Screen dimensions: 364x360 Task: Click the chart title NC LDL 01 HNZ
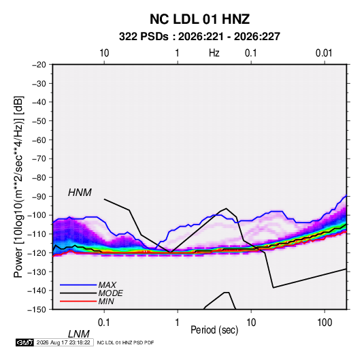(x=199, y=19)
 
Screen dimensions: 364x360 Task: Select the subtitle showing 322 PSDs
(x=199, y=37)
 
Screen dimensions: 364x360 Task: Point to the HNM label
(x=80, y=193)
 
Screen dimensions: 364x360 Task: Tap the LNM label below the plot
(x=78, y=334)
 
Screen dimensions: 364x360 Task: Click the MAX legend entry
(x=107, y=284)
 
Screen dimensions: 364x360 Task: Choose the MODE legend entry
(x=110, y=293)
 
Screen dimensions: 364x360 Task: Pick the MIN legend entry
(x=106, y=301)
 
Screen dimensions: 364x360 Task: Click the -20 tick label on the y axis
(x=39, y=65)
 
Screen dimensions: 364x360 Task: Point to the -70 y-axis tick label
(x=39, y=159)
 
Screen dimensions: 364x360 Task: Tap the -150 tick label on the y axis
(x=37, y=310)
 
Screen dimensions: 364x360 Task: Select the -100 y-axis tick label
(x=37, y=215)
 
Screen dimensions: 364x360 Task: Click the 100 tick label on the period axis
(x=325, y=323)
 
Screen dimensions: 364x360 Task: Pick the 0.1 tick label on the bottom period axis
(x=103, y=323)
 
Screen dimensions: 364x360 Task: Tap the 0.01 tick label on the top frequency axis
(x=324, y=53)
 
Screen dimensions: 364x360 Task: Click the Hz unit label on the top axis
(x=214, y=53)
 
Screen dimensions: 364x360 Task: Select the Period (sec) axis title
(x=214, y=330)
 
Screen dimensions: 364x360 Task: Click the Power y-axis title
(x=18, y=187)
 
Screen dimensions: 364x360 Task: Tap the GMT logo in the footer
(x=24, y=342)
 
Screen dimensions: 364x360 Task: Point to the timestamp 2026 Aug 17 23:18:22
(x=63, y=342)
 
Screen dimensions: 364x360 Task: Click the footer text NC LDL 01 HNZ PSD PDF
(x=125, y=342)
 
